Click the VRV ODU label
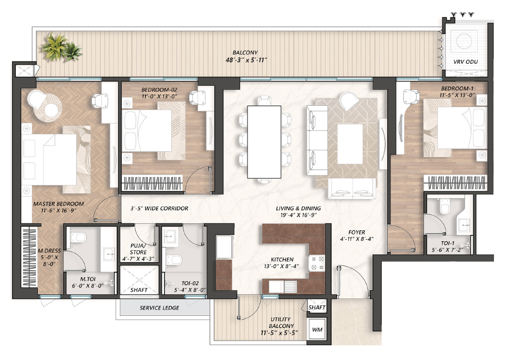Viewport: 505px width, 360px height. pyautogui.click(x=466, y=62)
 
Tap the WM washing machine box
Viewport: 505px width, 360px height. pyautogui.click(x=317, y=329)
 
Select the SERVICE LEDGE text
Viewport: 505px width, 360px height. pyautogui.click(x=159, y=308)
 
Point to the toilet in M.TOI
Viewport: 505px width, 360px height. pyautogui.click(x=79, y=238)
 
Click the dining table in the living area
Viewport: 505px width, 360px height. pyautogui.click(x=264, y=142)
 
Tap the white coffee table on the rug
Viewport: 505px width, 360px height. pyautogui.click(x=350, y=143)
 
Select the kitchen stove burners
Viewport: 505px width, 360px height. pyautogui.click(x=316, y=263)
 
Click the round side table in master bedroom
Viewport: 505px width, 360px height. pyautogui.click(x=51, y=110)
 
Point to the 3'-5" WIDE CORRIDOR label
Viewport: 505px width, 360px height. pyautogui.click(x=159, y=208)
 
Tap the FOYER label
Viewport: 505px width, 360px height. pyautogui.click(x=356, y=232)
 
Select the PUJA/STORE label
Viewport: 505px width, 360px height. pyautogui.click(x=139, y=249)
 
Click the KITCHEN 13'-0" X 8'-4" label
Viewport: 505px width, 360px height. pyautogui.click(x=282, y=263)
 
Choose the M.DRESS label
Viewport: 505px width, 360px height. pyautogui.click(x=49, y=251)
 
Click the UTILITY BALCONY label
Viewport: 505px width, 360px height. pyautogui.click(x=281, y=322)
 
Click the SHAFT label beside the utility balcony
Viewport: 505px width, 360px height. pyautogui.click(x=317, y=307)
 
